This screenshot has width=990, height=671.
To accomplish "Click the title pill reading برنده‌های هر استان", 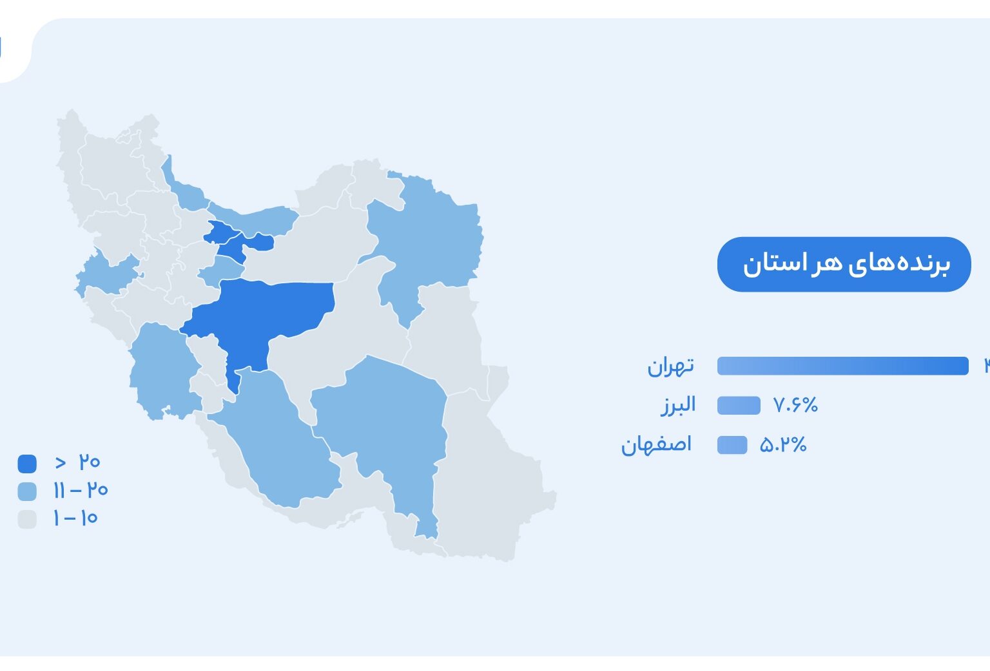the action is pyautogui.click(x=844, y=264).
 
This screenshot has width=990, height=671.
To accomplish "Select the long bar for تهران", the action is pyautogui.click(x=843, y=366).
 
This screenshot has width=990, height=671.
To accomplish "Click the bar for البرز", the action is pyautogui.click(x=739, y=405).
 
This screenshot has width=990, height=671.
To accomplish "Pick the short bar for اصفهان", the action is pyautogui.click(x=732, y=444).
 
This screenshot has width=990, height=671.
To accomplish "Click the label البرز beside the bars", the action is pyautogui.click(x=678, y=405).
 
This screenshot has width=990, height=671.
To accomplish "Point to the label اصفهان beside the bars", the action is pyautogui.click(x=656, y=445).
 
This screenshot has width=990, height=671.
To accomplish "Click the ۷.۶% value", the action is pyautogui.click(x=795, y=405).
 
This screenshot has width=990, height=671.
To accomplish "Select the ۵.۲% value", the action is pyautogui.click(x=783, y=444).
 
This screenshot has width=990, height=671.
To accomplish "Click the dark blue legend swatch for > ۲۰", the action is pyautogui.click(x=27, y=464).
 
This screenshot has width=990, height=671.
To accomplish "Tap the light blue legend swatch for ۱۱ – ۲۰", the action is pyautogui.click(x=27, y=491).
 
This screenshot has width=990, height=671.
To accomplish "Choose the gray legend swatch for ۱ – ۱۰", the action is pyautogui.click(x=27, y=519).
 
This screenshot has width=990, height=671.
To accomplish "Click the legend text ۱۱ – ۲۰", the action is pyautogui.click(x=81, y=490).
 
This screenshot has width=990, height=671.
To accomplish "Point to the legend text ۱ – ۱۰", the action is pyautogui.click(x=75, y=518).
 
